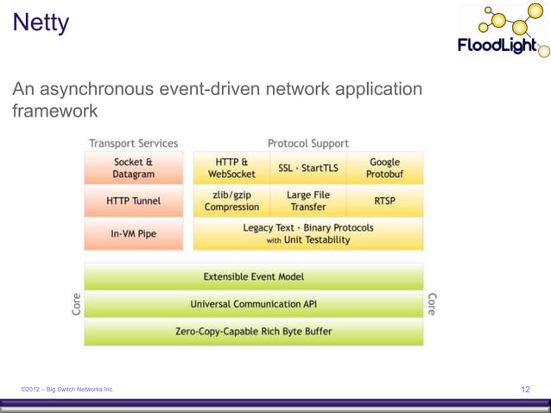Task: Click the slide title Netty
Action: coord(41,23)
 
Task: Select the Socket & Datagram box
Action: coord(133,168)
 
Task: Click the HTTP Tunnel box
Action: coord(133,201)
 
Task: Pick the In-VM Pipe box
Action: coord(133,233)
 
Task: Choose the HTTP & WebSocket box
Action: coord(231,168)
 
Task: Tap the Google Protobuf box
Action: coord(384,168)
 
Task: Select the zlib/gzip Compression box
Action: coord(231,201)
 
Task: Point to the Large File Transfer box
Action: coord(307,201)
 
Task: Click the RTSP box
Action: coord(384,201)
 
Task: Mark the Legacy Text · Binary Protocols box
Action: coord(308,233)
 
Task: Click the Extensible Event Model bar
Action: coord(253,277)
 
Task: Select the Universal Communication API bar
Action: coord(253,304)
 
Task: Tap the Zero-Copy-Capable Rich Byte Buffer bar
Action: coord(253,331)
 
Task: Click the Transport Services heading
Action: coord(133,143)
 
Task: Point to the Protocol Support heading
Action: coord(307,143)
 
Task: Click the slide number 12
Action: coord(526,390)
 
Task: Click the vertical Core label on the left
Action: coord(76,304)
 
